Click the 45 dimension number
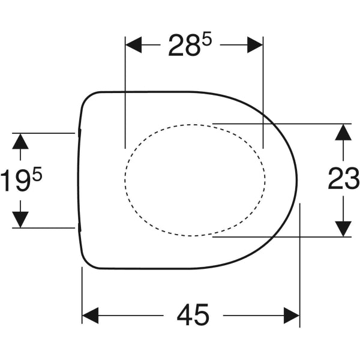tap(193, 315)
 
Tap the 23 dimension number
tap(344, 178)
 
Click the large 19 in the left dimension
tap(16, 180)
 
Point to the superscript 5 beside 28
tap(206, 41)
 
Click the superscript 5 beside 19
tap(37, 173)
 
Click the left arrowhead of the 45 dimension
tap(90, 316)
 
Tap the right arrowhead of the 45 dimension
tap(292, 316)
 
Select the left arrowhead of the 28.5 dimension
tap(133, 45)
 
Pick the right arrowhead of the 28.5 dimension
tap(255, 45)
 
